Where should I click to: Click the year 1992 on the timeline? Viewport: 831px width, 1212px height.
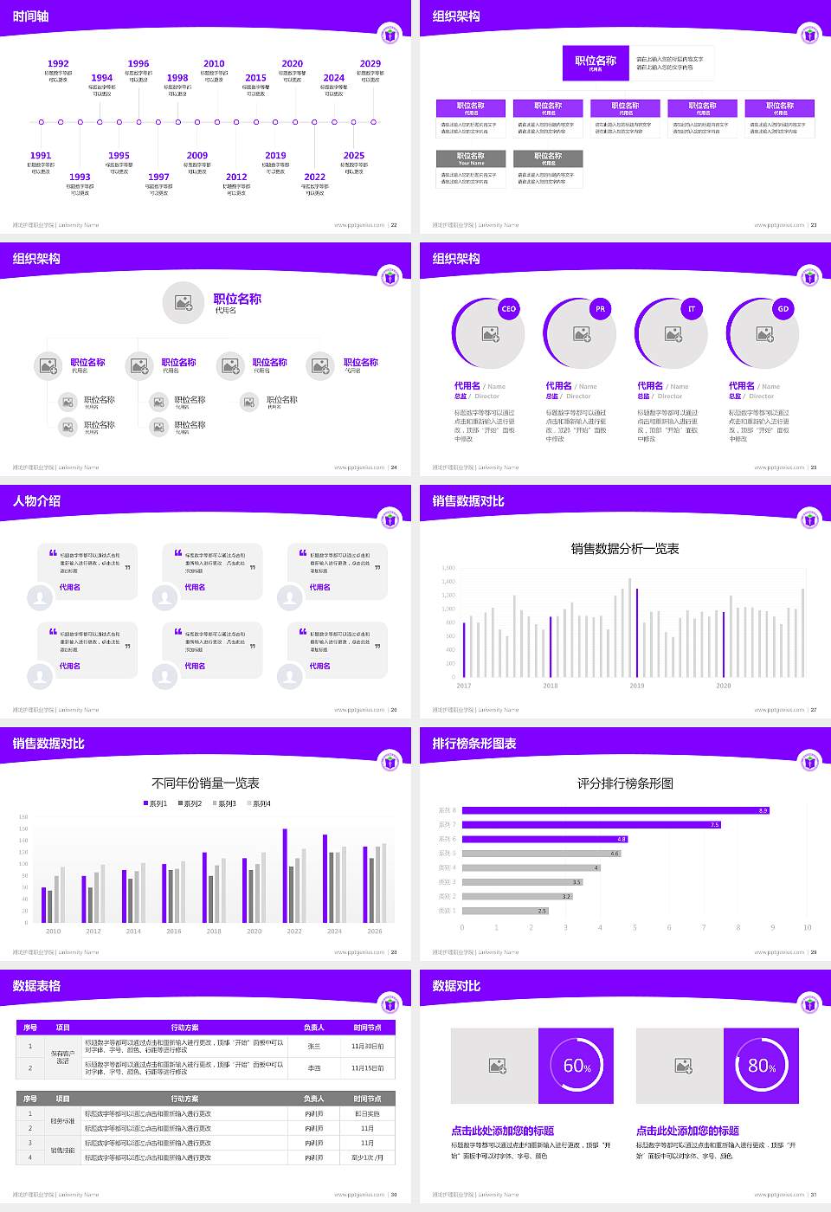tap(58, 63)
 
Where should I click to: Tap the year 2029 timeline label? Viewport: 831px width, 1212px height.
tap(370, 63)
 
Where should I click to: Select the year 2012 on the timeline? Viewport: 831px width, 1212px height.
tap(236, 177)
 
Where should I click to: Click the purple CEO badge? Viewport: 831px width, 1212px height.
tap(508, 309)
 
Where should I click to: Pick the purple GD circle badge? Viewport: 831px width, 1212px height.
tap(783, 309)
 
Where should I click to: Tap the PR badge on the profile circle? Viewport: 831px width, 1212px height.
tap(600, 309)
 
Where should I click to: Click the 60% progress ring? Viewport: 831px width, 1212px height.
tap(577, 1066)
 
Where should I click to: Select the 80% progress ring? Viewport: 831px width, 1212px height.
tap(762, 1066)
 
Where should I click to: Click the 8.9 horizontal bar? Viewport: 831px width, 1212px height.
tap(615, 810)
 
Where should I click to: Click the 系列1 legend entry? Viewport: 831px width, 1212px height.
tap(156, 803)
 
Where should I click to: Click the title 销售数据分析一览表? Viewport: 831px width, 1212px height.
tap(625, 548)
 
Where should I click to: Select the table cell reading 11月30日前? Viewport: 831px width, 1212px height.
tap(367, 1046)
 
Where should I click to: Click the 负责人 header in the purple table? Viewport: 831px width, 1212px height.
tap(313, 1028)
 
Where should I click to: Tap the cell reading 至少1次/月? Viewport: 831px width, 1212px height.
tap(367, 1157)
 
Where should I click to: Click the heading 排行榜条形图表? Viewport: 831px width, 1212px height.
tap(474, 744)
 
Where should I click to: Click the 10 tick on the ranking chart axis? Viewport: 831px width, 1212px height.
tap(807, 927)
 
